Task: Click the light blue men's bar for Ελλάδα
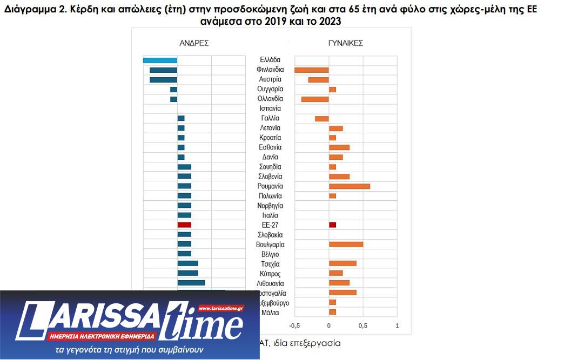pos(160,60)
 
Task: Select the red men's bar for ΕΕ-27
pos(184,225)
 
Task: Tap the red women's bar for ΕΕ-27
pos(332,225)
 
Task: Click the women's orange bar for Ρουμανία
pos(350,186)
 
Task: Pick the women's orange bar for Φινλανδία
pos(312,70)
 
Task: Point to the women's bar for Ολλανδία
pos(315,99)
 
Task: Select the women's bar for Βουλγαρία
pos(346,244)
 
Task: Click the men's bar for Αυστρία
pos(163,79)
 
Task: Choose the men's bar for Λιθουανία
pos(191,282)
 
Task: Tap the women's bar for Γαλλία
pos(322,118)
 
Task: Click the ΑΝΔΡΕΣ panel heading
pos(194,43)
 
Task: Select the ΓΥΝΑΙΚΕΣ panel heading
pos(345,43)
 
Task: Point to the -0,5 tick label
pos(294,326)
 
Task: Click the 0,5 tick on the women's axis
pos(363,326)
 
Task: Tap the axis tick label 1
pos(397,326)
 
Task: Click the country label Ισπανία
pos(270,108)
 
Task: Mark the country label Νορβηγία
pos(270,206)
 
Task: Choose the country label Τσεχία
pos(270,264)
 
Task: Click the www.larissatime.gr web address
pos(221,309)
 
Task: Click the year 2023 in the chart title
pos(328,21)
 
